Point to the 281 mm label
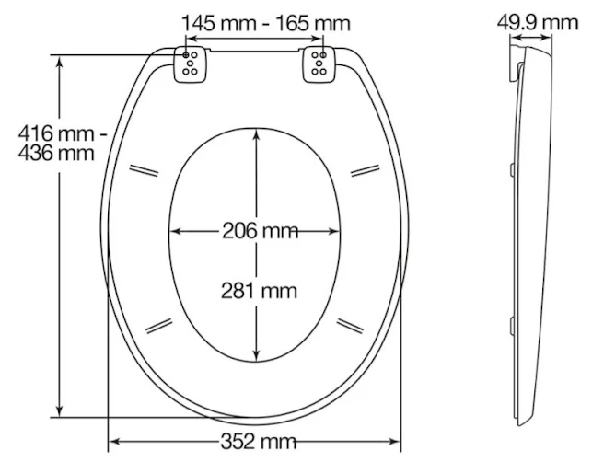[x=259, y=291]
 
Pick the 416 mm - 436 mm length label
[x=55, y=143]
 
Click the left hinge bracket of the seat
[x=194, y=64]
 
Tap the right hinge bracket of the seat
[x=320, y=64]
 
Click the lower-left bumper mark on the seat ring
[x=159, y=323]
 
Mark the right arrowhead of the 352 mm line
[x=401, y=440]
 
